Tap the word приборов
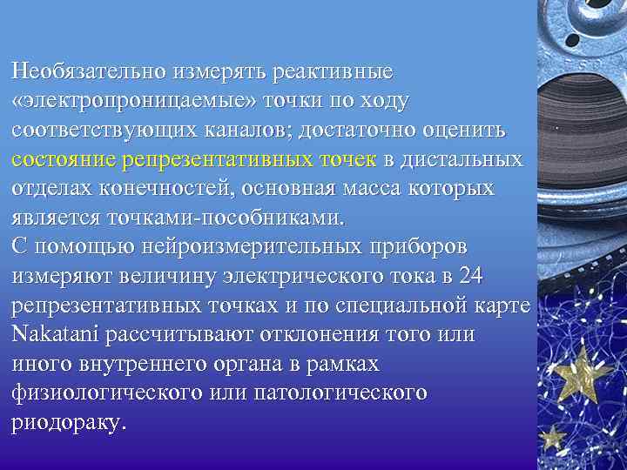(x=421, y=246)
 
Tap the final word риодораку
(x=69, y=423)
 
